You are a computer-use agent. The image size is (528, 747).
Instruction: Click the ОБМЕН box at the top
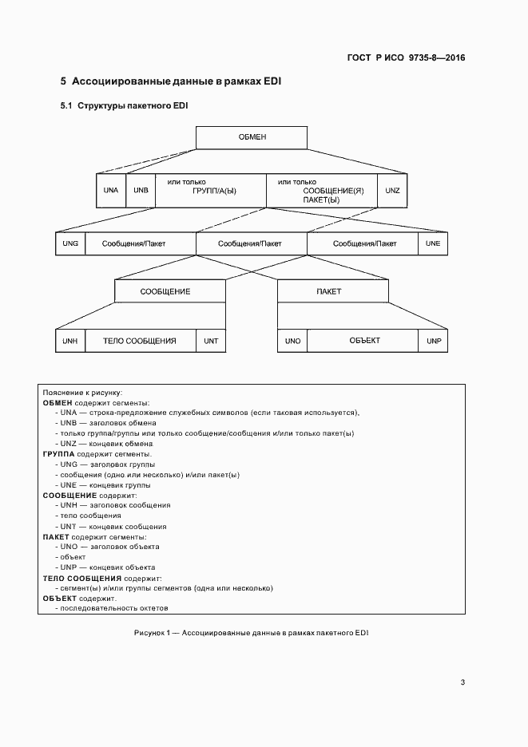coord(252,137)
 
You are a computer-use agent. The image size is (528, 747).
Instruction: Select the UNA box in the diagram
coord(111,191)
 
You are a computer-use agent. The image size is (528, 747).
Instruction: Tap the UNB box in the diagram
coord(141,191)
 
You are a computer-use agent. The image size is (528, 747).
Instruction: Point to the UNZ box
coord(392,191)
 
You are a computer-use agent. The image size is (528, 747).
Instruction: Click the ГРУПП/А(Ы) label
coord(215,192)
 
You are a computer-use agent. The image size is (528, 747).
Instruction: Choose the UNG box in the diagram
coord(69,243)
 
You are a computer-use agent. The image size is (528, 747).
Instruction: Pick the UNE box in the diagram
coord(432,243)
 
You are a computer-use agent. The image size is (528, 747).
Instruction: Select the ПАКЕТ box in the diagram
coord(333,291)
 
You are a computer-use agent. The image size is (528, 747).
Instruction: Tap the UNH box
coord(69,341)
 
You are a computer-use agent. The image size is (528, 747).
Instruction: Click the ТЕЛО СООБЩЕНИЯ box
coord(140,341)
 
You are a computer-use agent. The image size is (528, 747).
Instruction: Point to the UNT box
coord(211,341)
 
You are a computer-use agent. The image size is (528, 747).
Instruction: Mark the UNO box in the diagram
coord(292,341)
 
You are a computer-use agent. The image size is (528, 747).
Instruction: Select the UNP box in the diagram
coord(434,341)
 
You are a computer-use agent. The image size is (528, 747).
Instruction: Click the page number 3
coord(462,682)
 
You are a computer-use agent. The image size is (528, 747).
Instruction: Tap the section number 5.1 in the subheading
coord(66,106)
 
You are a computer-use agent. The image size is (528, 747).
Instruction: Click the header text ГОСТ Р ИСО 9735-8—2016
coord(407,57)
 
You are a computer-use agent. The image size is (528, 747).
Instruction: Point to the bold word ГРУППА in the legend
coord(58,454)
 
